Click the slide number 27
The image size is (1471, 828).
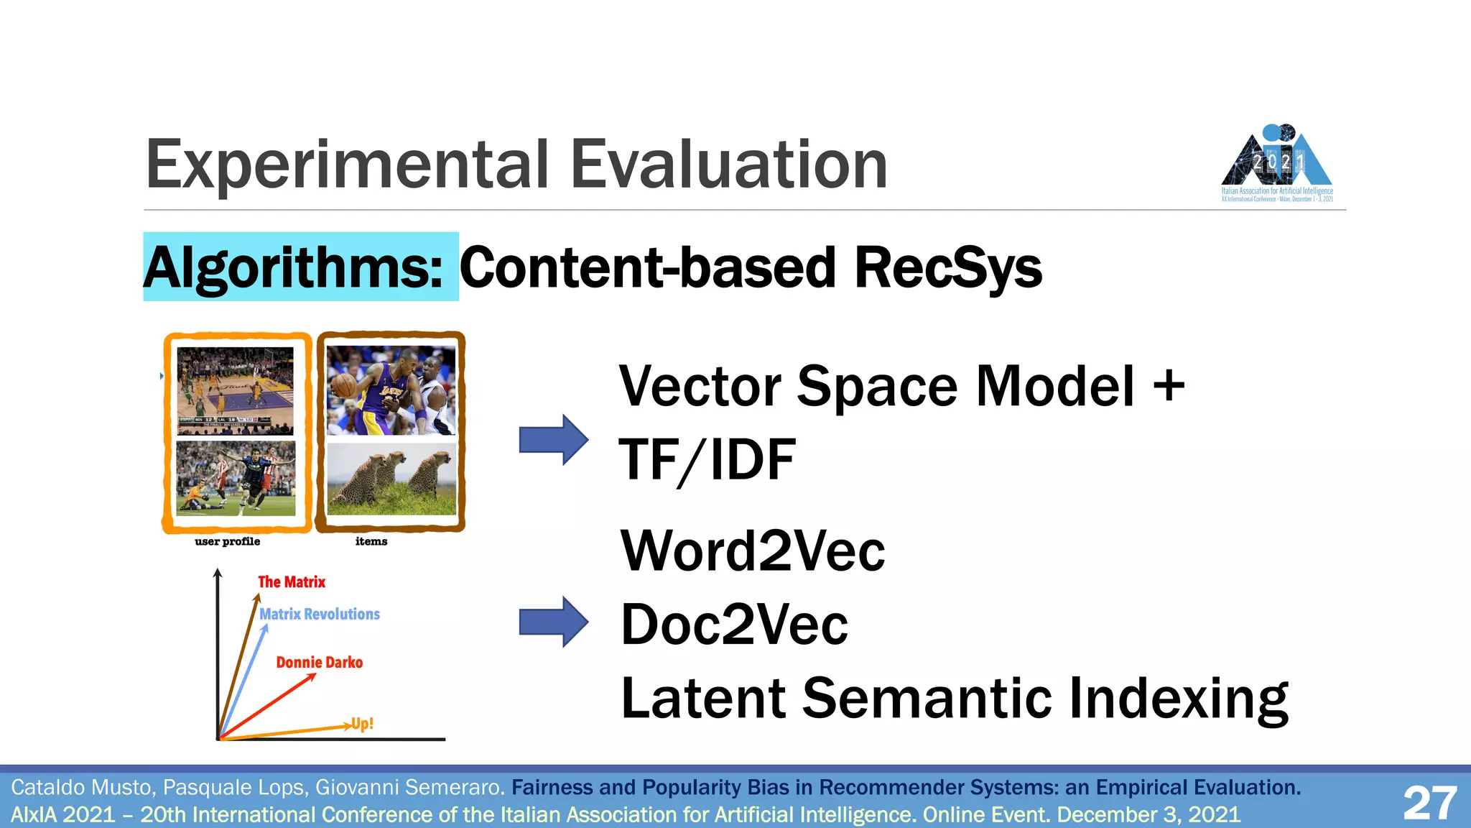click(1429, 802)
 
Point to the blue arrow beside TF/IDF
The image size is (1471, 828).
click(553, 439)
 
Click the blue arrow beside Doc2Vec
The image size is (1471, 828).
click(553, 622)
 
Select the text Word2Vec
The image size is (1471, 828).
click(753, 551)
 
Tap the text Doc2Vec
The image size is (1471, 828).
click(734, 625)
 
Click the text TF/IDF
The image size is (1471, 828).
click(707, 460)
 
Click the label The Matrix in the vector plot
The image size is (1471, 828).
click(292, 581)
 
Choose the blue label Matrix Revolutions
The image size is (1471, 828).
click(320, 614)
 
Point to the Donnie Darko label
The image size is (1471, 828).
click(320, 662)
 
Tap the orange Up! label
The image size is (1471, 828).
click(363, 723)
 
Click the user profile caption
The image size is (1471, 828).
click(227, 541)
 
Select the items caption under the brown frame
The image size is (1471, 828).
click(371, 541)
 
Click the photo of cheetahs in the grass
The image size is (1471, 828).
click(391, 479)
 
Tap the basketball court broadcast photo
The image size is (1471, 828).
click(236, 390)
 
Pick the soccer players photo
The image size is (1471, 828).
click(236, 479)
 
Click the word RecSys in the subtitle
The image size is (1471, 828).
click(948, 267)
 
